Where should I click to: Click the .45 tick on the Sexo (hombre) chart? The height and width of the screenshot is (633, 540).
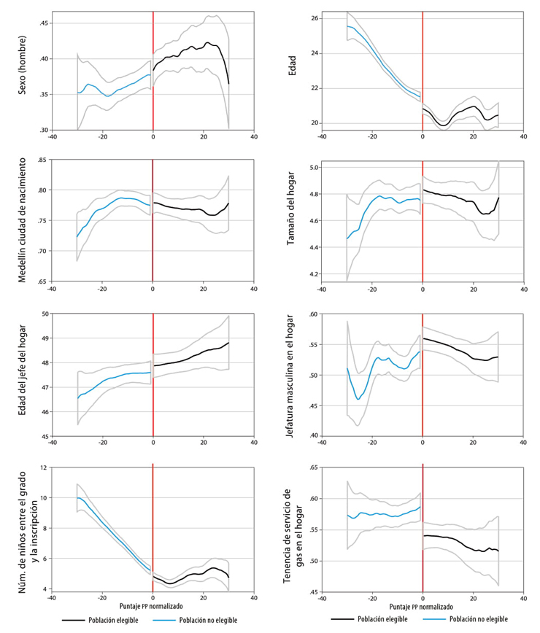tap(42, 23)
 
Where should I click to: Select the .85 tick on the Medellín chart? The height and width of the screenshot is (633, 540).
tap(42, 160)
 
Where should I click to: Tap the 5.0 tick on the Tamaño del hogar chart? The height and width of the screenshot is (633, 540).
tap(315, 168)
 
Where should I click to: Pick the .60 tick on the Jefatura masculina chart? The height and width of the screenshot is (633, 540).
tap(315, 314)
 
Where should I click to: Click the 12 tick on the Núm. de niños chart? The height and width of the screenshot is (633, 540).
tap(45, 467)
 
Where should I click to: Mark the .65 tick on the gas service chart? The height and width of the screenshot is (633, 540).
tap(315, 467)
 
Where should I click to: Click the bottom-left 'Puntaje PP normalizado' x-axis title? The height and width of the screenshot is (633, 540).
tap(152, 605)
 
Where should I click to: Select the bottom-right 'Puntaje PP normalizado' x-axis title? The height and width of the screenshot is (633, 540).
tap(422, 605)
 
